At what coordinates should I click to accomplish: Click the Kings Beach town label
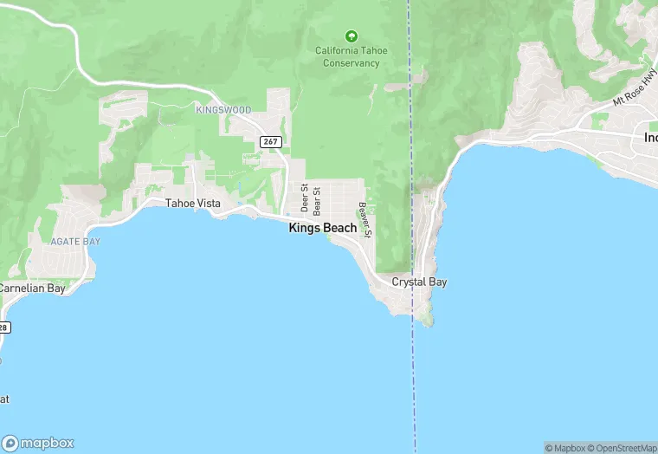tap(322, 228)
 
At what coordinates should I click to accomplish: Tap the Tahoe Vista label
tap(193, 204)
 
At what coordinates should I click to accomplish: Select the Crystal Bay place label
tap(419, 282)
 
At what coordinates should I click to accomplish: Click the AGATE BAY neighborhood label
tap(75, 241)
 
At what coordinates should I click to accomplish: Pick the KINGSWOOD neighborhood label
tap(223, 110)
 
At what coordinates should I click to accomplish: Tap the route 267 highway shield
tap(269, 141)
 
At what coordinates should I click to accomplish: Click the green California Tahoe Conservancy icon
tap(351, 36)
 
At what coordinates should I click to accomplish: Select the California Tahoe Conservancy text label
tap(351, 56)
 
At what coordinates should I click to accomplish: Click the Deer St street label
tap(304, 198)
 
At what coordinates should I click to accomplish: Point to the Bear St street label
tap(317, 199)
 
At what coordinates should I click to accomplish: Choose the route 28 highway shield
tap(3, 327)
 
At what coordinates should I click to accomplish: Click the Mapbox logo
tap(38, 443)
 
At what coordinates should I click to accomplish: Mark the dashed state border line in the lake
tap(414, 381)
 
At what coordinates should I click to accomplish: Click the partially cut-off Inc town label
tap(650, 138)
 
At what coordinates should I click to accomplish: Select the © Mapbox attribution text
tap(566, 448)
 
